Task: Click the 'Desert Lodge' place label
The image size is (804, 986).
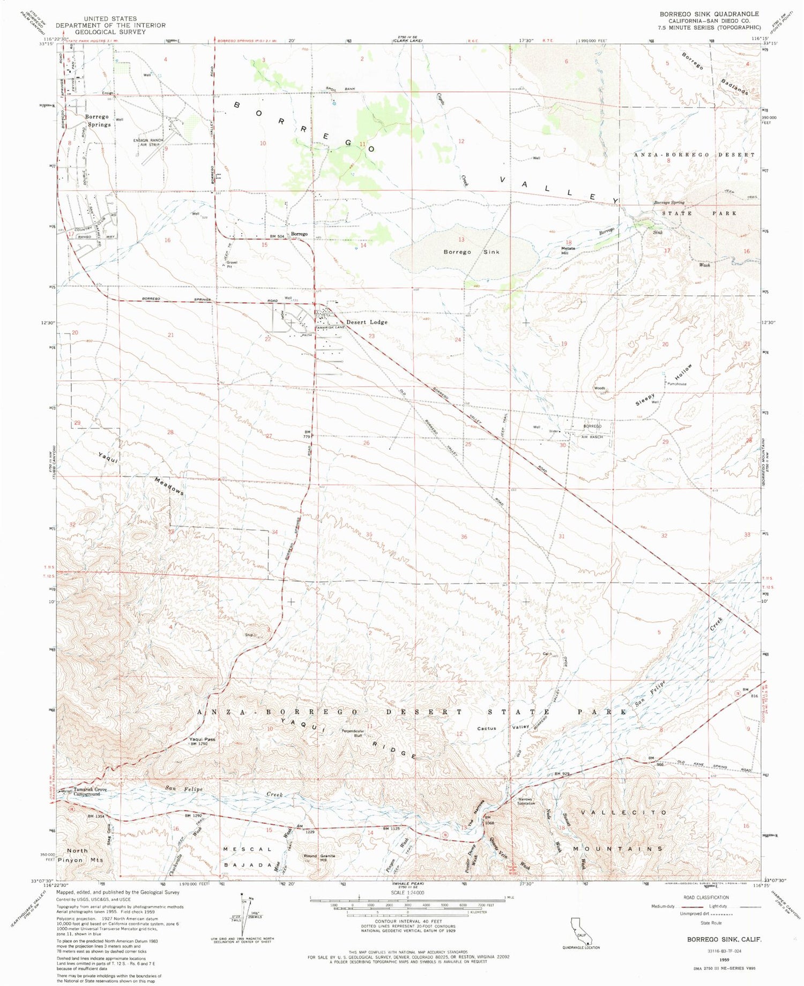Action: tap(367, 322)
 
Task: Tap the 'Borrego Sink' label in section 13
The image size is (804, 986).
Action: tap(471, 251)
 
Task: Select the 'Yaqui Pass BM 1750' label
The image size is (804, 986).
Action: tap(202, 742)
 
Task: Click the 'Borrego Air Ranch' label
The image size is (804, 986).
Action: tap(592, 431)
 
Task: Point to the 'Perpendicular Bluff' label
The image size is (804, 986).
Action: tap(353, 734)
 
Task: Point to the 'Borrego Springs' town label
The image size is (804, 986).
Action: tap(96, 120)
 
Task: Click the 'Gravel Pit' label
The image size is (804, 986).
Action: tap(232, 264)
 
